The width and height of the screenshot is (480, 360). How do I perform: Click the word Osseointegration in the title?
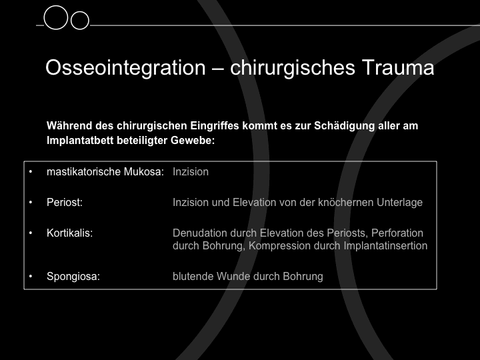pos(125,68)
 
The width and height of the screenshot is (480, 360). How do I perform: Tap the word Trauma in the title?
pos(398,67)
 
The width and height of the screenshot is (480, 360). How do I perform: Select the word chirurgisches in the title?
pos(293,68)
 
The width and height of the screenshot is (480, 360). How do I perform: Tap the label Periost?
pos(65,203)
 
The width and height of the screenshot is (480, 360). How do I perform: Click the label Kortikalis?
pos(69,233)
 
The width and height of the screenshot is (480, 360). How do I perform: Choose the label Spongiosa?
pos(73,277)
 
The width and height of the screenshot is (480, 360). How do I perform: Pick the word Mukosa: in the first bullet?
pos(144,172)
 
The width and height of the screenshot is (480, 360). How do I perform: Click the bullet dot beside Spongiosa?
pos(31,277)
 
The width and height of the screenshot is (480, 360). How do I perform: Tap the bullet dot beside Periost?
pos(31,203)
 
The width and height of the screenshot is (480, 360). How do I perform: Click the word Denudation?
pos(200,233)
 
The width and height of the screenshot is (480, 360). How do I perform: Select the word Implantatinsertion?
pos(385,245)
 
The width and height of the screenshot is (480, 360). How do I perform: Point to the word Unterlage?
pos(399,203)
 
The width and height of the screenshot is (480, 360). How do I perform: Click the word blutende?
pos(193,277)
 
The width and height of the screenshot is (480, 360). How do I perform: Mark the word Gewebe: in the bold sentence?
pos(193,141)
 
